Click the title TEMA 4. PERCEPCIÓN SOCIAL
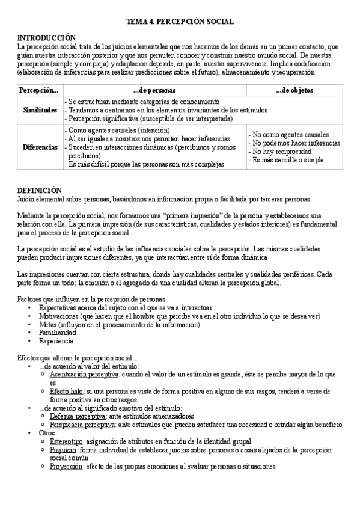coord(180,22)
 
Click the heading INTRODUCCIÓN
coord(47,37)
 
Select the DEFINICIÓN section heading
coord(40,189)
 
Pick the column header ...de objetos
coord(293,90)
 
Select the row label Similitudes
coord(40,111)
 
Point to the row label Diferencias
coord(40,147)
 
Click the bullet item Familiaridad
coord(57,332)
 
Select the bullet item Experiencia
coord(56,340)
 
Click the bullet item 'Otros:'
coord(47,432)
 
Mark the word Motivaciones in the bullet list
coord(59,316)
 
